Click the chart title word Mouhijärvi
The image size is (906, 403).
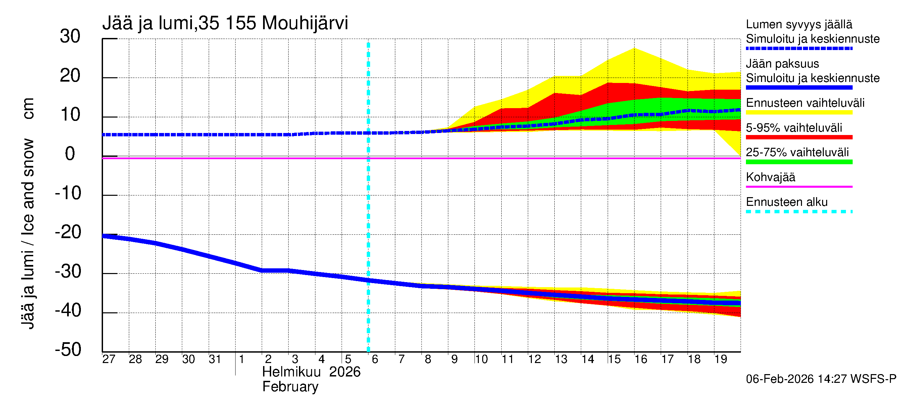pyautogui.click(x=305, y=23)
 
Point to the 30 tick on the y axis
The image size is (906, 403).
pyautogui.click(x=70, y=37)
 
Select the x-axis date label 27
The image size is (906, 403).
pyautogui.click(x=109, y=359)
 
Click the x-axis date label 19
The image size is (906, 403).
pyautogui.click(x=720, y=359)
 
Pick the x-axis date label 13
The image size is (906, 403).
pyautogui.click(x=561, y=359)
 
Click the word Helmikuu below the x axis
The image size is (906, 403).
pyautogui.click(x=291, y=372)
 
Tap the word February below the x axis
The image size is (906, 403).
pyautogui.click(x=290, y=387)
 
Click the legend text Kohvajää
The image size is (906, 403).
pyautogui.click(x=770, y=177)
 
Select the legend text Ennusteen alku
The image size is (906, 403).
pyautogui.click(x=787, y=203)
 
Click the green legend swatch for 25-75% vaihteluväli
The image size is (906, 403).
pyautogui.click(x=799, y=162)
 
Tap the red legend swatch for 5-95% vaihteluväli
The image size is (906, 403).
pyautogui.click(x=799, y=137)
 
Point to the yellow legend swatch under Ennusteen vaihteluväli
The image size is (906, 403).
pyautogui.click(x=799, y=113)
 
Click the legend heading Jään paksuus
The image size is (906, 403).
pyautogui.click(x=782, y=64)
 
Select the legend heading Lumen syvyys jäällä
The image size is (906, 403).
pyautogui.click(x=799, y=25)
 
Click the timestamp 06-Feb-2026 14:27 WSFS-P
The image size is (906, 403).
pyautogui.click(x=821, y=379)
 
